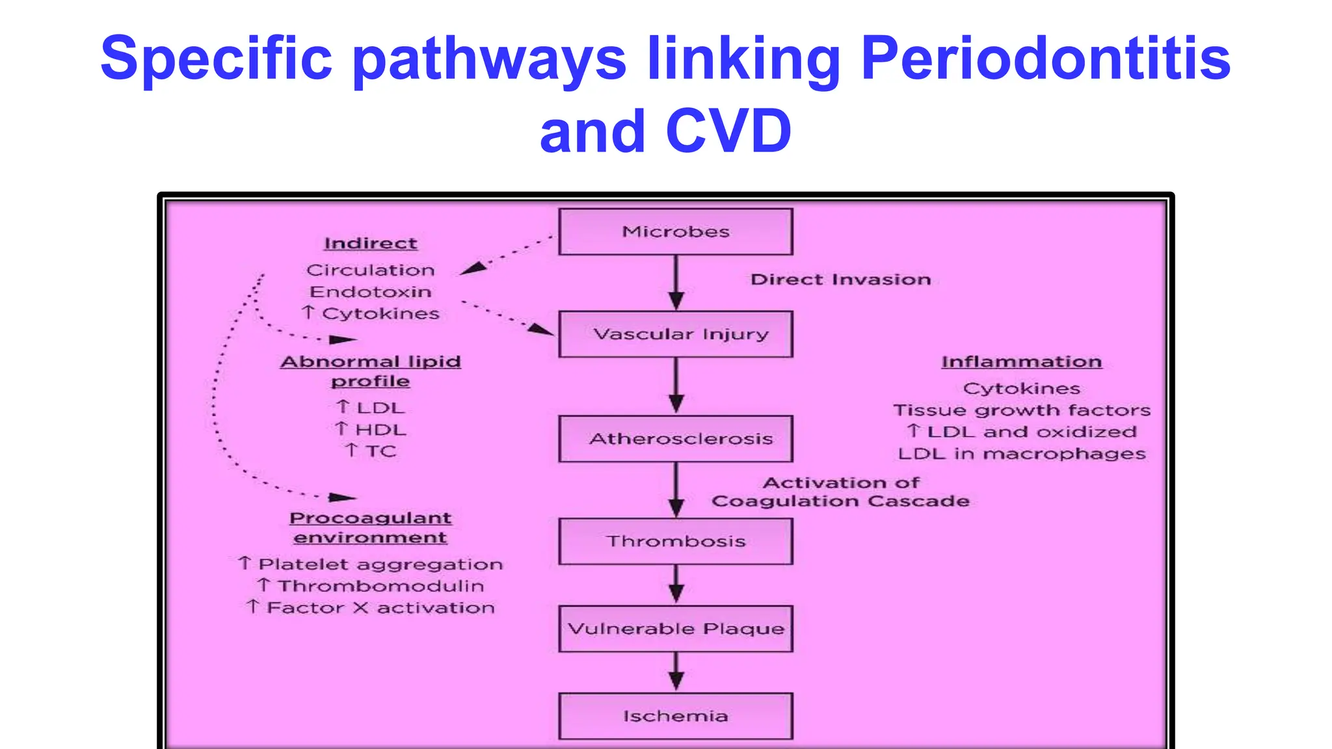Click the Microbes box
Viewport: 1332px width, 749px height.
(675, 231)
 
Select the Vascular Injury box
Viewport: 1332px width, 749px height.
(675, 334)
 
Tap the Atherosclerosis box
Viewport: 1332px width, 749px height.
(675, 439)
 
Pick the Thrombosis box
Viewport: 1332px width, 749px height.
(675, 541)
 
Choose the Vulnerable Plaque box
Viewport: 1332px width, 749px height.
(675, 629)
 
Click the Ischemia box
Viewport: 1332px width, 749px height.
(675, 716)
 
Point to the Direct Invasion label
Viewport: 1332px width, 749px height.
(840, 280)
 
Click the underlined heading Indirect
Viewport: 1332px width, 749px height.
(370, 243)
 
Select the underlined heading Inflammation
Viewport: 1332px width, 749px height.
(1021, 361)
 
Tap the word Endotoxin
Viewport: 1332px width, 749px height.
(370, 292)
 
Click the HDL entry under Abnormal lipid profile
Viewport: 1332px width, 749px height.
(380, 430)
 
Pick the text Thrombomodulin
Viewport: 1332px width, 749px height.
(380, 586)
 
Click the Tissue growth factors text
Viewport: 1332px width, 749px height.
(1021, 410)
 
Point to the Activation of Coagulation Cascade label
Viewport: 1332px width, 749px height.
(840, 492)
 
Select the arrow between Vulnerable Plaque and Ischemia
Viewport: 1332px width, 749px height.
(676, 671)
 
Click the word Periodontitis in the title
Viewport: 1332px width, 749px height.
(1045, 59)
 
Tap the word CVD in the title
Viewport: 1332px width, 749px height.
(728, 131)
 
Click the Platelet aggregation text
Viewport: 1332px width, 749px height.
(380, 564)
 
